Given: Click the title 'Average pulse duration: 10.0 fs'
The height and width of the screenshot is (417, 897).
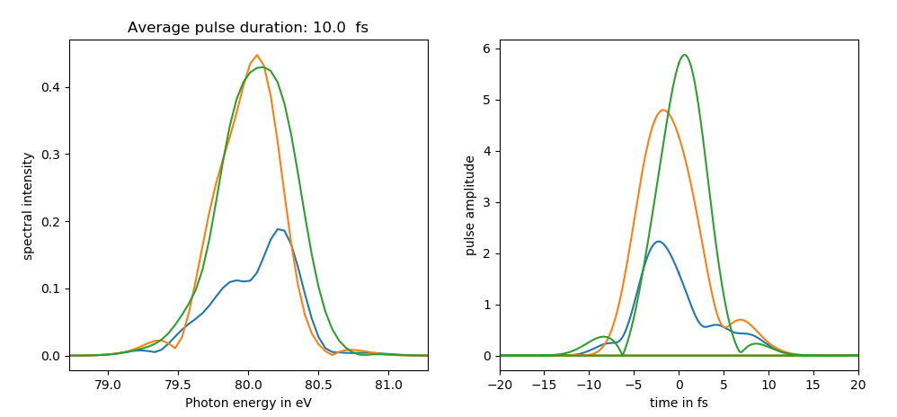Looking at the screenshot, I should (x=247, y=28).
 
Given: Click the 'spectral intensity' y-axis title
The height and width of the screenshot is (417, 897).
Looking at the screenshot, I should (x=28, y=206).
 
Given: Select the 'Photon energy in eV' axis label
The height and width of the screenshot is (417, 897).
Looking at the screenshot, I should (x=248, y=403).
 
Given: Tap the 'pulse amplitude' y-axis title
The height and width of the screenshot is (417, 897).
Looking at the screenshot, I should (x=469, y=205).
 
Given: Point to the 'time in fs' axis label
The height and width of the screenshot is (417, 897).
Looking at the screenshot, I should (x=679, y=403).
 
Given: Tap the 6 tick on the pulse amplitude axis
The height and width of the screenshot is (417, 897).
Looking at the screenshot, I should (x=485, y=49).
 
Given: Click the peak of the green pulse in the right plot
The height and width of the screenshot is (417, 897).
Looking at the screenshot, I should (x=685, y=55).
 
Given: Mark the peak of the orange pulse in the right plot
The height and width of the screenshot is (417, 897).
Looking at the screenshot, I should (x=663, y=111).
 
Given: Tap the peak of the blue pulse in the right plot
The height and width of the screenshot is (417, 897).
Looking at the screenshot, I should (x=659, y=241).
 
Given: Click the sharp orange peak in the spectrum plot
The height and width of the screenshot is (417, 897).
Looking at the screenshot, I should (x=257, y=55).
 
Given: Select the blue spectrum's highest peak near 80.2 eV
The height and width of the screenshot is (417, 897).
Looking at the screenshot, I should (x=280, y=229).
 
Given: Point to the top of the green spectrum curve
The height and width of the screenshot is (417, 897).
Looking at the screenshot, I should (x=262, y=67).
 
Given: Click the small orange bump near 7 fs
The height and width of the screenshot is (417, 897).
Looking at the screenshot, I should (x=740, y=320).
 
